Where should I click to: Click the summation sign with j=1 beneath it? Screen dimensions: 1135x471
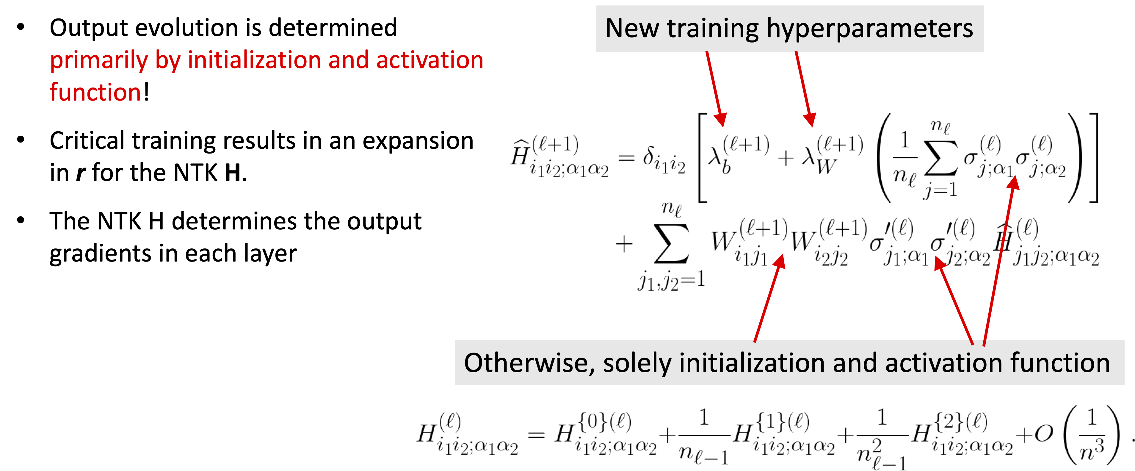tap(941, 157)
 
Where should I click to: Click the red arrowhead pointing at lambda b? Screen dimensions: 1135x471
tap(720, 119)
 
